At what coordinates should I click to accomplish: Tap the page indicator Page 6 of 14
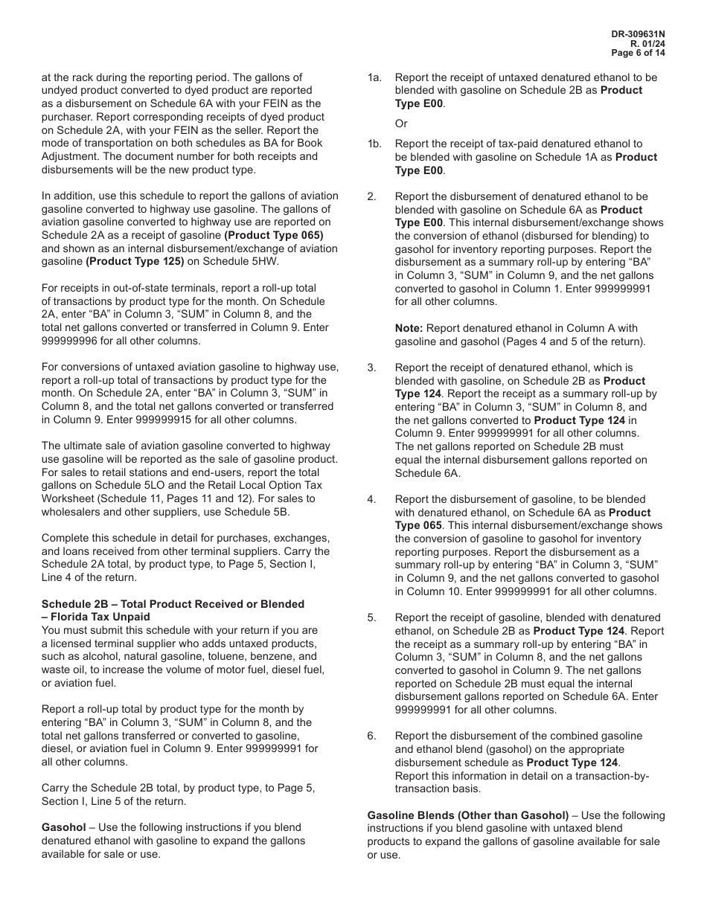pos(638,53)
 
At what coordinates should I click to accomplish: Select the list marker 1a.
pos(374,77)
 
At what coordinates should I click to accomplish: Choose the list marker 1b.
pos(374,144)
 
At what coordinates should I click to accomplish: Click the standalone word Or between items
pos(401,123)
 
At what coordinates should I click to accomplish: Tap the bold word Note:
pos(409,328)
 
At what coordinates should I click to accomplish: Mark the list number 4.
pos(371,499)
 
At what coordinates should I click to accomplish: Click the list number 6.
pos(371,736)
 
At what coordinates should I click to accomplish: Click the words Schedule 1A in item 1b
pos(580,157)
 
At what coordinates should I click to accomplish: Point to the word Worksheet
pos(68,498)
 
